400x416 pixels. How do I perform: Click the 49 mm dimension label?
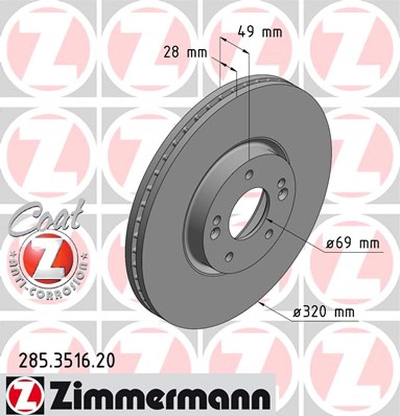260,32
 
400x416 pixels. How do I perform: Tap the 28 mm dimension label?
185,52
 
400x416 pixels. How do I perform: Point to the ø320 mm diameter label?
324,313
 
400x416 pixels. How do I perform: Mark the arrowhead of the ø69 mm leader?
268,221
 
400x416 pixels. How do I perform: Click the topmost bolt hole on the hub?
249,174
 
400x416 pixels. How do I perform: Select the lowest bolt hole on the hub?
229,256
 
